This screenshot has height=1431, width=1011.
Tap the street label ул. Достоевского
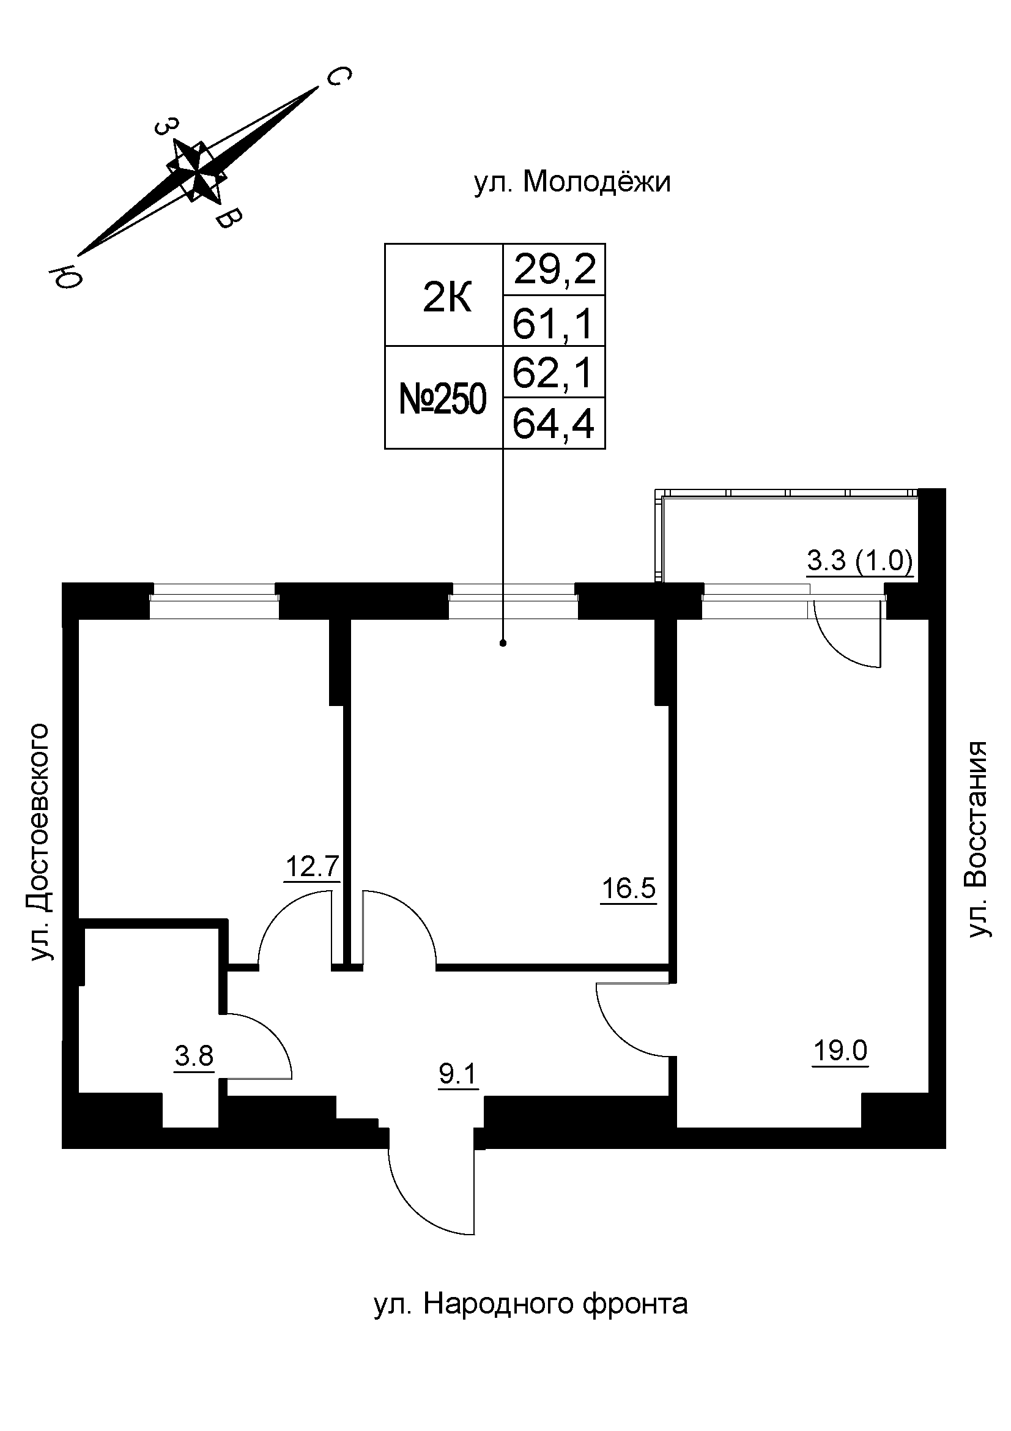39,841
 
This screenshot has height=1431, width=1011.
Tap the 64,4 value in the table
553,424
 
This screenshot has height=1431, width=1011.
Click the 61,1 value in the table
553,323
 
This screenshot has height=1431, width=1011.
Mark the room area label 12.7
312,867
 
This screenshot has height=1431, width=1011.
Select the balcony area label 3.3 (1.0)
860,562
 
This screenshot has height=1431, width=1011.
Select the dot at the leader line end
503,643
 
